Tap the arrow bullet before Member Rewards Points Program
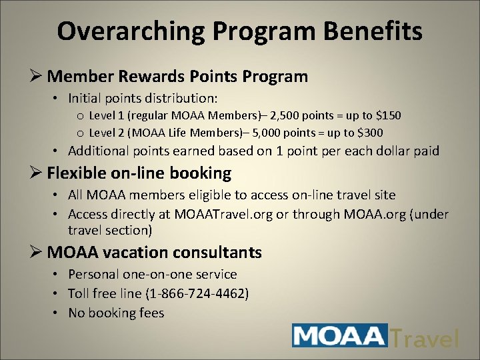37,77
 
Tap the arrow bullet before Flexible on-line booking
37,174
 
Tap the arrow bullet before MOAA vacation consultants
37,253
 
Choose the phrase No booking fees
116,313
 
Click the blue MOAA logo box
340,335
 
